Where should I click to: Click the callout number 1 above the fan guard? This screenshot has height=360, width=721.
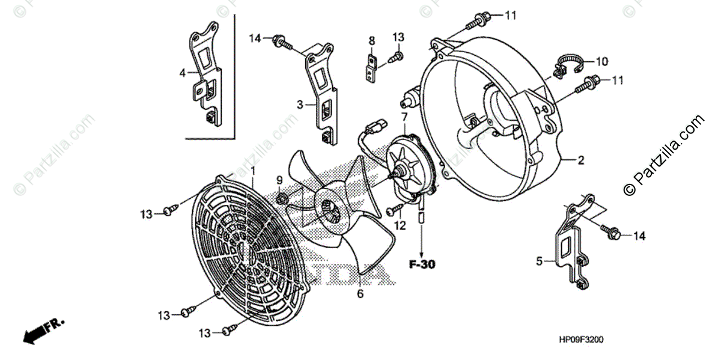point(253,171)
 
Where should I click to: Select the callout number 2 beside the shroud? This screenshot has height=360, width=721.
point(581,161)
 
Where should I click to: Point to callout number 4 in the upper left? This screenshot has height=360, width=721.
point(182,73)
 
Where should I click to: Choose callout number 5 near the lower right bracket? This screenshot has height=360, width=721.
point(539,261)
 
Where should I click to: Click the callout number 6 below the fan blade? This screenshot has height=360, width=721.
point(360,294)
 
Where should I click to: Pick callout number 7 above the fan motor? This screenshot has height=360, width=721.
point(404,117)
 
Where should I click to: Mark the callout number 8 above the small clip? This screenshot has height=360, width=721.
point(371,41)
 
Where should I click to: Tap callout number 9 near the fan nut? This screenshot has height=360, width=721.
point(279,180)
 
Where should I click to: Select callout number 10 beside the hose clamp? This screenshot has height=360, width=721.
point(601,61)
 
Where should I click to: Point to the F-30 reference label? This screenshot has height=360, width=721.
point(422,264)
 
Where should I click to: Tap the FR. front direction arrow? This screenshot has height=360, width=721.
point(43,330)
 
